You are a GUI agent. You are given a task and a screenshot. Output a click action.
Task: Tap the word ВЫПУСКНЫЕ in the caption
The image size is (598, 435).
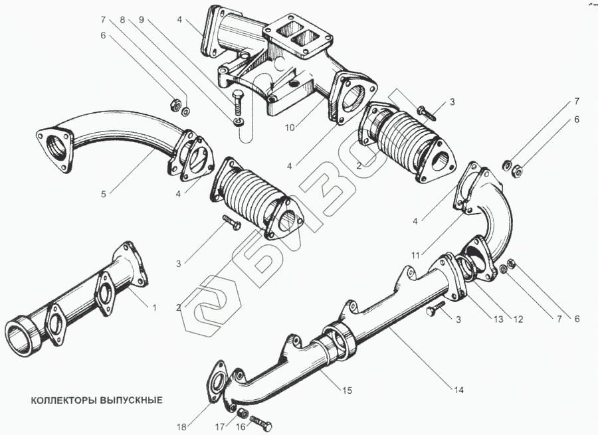click(x=130, y=401)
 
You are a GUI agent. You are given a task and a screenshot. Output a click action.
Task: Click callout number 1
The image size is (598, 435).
click(x=155, y=307)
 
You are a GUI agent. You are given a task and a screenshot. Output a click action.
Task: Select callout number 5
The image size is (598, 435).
click(x=104, y=194)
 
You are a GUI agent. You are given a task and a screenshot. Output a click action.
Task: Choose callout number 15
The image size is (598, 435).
click(x=346, y=391)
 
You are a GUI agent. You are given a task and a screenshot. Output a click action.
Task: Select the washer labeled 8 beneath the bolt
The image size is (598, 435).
click(x=239, y=122)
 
